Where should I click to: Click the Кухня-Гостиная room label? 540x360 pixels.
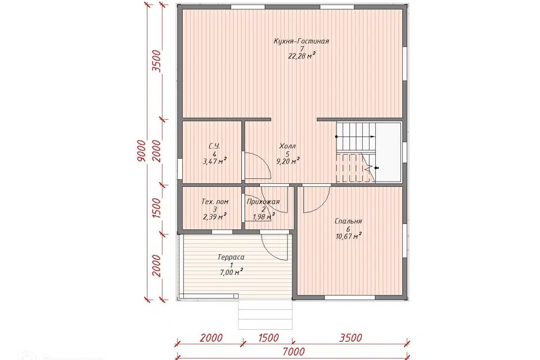tap(301, 41)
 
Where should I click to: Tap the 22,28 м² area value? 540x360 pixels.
tap(301, 56)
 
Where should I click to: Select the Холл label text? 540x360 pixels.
tap(287, 146)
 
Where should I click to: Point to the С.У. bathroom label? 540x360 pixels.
tap(214, 146)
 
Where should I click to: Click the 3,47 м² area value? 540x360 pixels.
tap(214, 161)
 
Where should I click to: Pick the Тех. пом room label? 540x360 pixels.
tap(215, 201)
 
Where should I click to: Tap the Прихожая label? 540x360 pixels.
tap(263, 201)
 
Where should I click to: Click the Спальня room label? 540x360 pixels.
tap(348, 221)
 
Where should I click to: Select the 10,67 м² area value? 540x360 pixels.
tap(349, 236)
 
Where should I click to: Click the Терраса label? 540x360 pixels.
tap(231, 257)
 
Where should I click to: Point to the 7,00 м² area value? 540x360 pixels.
tap(231, 272)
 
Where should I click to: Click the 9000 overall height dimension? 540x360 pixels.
tap(141, 151)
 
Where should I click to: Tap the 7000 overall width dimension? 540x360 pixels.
tap(294, 352)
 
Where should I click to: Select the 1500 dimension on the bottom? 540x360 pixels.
tap(268, 337)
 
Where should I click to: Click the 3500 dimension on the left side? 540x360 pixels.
tap(157, 61)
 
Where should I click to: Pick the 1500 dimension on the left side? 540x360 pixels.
tap(157, 208)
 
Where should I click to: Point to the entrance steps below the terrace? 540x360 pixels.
tap(265, 314)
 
